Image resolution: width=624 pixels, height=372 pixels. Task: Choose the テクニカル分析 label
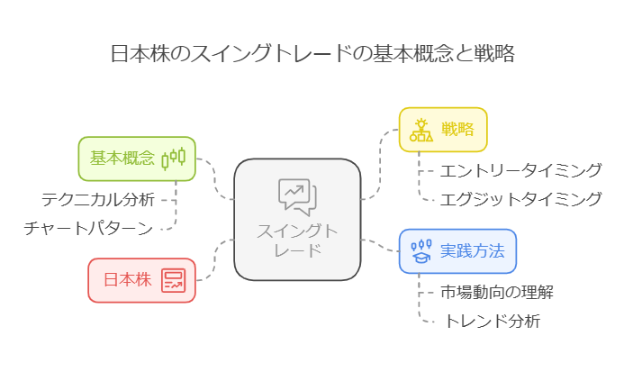tap(98, 199)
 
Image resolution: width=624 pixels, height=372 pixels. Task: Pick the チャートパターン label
tap(88, 228)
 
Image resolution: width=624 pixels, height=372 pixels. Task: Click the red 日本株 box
tap(141, 280)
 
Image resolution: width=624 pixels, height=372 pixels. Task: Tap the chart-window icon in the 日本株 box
tap(173, 280)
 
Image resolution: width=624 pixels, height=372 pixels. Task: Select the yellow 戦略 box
tap(443, 129)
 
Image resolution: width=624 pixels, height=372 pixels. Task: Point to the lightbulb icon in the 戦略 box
tap(421, 129)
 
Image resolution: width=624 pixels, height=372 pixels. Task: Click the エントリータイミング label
tap(520, 170)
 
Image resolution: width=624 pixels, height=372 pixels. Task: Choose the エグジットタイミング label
tap(520, 199)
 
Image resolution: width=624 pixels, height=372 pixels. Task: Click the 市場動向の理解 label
tap(496, 292)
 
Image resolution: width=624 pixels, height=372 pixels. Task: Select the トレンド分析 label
tap(492, 321)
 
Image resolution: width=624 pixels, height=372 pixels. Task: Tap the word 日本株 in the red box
tap(127, 280)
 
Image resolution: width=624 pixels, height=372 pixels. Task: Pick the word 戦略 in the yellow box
tap(457, 129)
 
